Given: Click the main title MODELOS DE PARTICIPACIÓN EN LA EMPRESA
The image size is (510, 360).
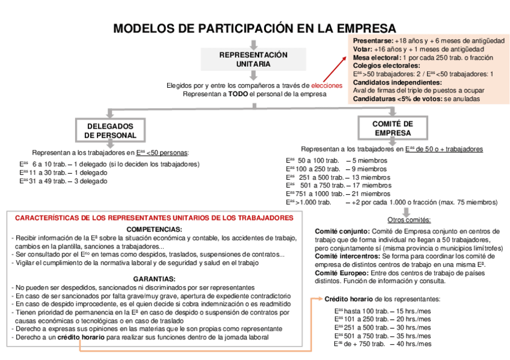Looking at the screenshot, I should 255,29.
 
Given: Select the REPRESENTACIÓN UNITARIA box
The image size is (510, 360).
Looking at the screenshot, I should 253,59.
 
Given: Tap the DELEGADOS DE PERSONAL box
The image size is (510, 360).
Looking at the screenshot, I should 110,131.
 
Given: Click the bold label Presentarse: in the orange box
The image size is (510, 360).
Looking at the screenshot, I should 374,40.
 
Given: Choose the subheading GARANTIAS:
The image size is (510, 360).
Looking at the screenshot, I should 154,279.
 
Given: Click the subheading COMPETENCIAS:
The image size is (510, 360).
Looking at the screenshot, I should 154,230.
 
